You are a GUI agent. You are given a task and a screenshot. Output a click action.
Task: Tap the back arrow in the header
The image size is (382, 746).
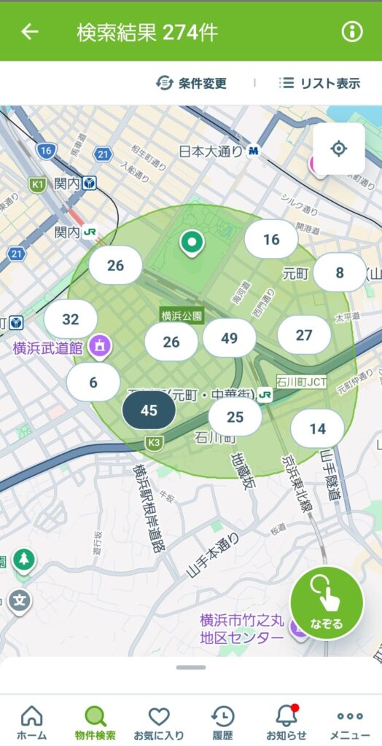click(30, 32)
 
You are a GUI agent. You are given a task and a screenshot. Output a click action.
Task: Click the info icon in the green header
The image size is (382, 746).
click(352, 32)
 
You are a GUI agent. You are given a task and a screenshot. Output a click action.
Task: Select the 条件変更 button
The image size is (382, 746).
click(192, 83)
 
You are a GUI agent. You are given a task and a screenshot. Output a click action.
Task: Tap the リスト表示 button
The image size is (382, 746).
click(319, 83)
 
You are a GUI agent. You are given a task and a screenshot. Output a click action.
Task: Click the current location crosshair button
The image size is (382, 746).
click(338, 149)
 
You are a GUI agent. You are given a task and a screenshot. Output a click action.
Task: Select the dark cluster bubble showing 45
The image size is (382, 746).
click(149, 410)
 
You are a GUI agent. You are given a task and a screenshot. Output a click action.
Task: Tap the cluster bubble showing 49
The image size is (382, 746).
click(230, 337)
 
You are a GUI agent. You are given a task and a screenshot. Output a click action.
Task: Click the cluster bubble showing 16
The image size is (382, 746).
click(271, 239)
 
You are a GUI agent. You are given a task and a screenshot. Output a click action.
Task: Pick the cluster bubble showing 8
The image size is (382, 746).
click(339, 272)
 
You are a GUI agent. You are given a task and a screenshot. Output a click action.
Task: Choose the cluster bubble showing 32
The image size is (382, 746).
click(71, 319)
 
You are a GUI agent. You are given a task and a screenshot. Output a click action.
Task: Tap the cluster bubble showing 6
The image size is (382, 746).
click(93, 382)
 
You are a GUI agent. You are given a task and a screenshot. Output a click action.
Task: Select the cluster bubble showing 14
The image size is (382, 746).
click(317, 428)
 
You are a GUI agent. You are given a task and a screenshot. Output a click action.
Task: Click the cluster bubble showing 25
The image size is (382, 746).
click(235, 417)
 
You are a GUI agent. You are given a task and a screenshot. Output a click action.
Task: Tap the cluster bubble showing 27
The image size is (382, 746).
click(304, 335)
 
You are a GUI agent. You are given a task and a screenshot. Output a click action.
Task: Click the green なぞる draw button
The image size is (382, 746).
click(327, 603)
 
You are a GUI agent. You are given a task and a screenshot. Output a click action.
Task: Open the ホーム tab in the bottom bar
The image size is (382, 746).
click(31, 723)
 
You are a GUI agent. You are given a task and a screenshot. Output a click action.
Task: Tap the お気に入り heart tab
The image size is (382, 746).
click(159, 723)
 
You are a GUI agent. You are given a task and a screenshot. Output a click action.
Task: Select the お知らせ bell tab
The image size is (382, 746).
click(286, 723)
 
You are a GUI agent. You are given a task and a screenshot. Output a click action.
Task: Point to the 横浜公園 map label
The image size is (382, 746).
click(182, 315)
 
